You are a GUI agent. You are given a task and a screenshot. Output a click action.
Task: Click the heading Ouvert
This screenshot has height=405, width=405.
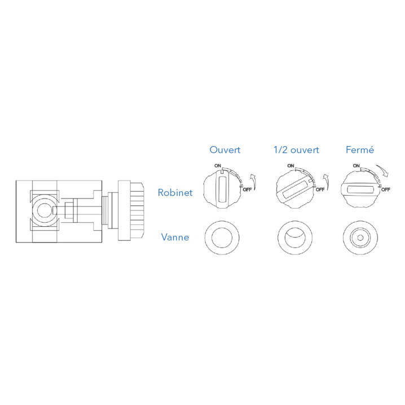click(x=224, y=150)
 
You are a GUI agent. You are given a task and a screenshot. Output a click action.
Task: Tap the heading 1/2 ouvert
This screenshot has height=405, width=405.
click(x=296, y=150)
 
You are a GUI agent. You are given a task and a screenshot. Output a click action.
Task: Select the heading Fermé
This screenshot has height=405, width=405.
click(x=360, y=149)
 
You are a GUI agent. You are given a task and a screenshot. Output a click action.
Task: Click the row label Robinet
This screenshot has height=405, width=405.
click(x=175, y=192)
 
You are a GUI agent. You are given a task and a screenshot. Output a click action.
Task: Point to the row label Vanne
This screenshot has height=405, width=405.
click(x=175, y=237)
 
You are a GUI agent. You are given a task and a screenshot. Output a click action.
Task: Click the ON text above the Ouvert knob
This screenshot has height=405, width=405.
click(x=218, y=166)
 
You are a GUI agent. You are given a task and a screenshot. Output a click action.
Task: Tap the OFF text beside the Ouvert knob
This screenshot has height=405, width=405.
click(x=247, y=190)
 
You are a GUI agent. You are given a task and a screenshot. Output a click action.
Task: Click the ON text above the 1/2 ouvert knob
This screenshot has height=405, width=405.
click(x=290, y=166)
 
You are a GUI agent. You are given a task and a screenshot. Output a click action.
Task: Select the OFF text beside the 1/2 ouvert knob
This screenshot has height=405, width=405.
click(x=320, y=190)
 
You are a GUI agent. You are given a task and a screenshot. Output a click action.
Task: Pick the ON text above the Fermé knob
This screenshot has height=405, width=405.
click(x=356, y=166)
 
